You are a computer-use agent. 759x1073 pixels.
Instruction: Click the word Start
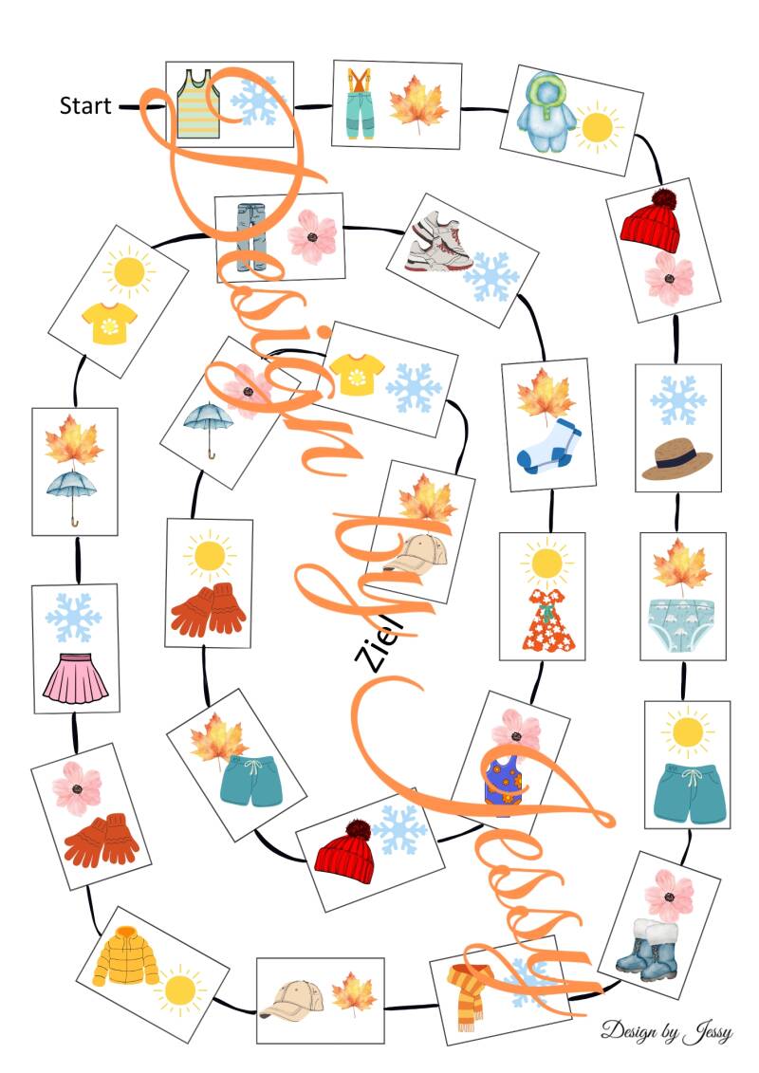(x=84, y=105)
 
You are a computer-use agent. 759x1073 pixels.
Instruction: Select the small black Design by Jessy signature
(x=666, y=1031)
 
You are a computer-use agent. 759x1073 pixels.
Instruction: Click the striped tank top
(x=198, y=103)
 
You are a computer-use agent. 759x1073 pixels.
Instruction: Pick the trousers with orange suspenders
(x=359, y=103)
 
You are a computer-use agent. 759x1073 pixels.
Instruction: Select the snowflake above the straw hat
(x=677, y=400)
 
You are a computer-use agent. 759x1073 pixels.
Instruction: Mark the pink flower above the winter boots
(x=668, y=895)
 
